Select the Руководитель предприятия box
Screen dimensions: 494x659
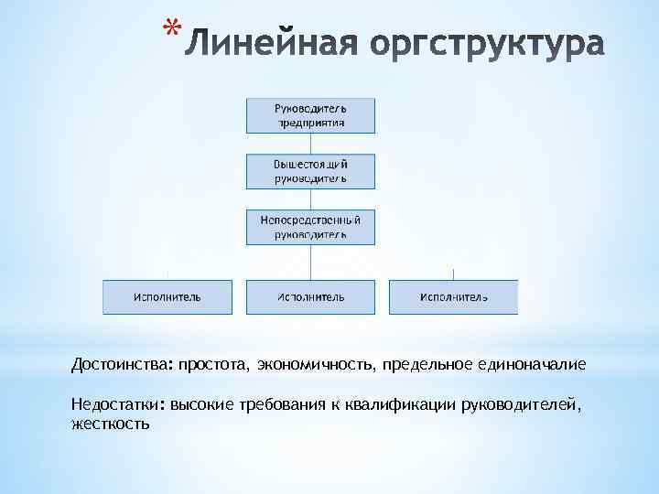[310, 113]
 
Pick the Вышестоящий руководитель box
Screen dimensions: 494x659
[310, 170]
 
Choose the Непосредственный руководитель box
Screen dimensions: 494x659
[310, 226]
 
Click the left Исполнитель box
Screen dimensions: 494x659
[167, 297]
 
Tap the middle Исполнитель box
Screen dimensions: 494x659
[310, 297]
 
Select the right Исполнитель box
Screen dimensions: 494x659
[454, 297]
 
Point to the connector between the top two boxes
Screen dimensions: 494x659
[310, 143]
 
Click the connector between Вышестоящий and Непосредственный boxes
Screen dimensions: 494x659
[310, 199]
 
